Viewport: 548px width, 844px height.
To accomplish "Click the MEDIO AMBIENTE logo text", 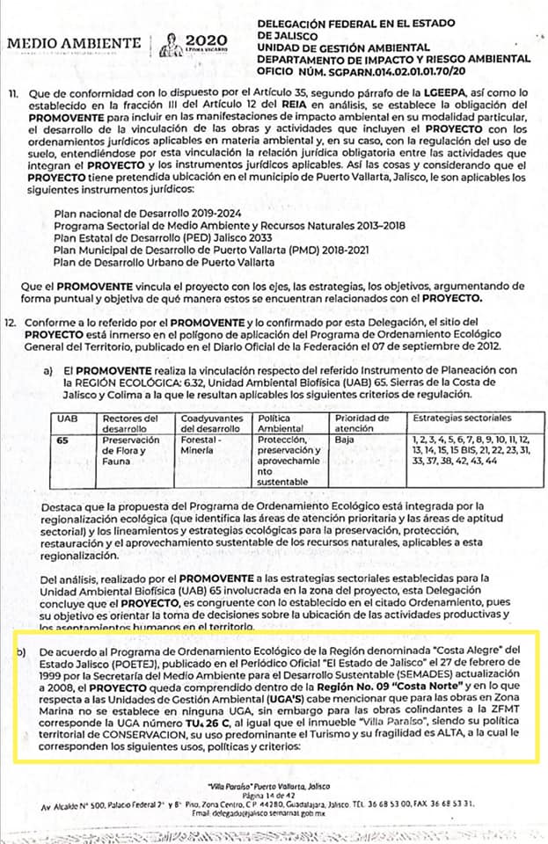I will pyautogui.click(x=73, y=43).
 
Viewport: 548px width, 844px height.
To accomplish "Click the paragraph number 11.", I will pyautogui.click(x=11, y=92).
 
